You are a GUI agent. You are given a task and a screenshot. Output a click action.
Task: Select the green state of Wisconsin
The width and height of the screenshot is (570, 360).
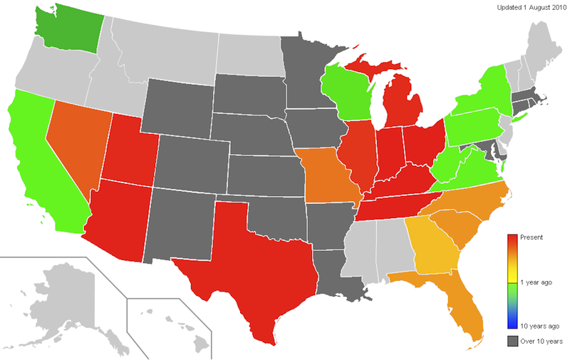click(346, 93)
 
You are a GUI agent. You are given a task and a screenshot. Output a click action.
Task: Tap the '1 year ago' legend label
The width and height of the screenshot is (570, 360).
click(536, 282)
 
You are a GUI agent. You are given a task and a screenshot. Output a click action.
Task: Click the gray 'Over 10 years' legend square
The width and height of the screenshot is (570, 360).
click(512, 341)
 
